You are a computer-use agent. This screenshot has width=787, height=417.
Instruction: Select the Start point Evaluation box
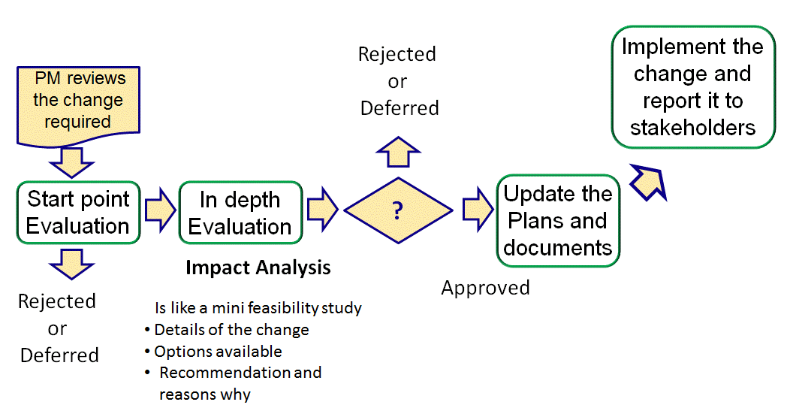click(78, 213)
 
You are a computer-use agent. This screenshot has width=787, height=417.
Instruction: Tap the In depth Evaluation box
click(240, 213)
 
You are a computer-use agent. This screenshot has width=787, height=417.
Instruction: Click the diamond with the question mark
click(398, 211)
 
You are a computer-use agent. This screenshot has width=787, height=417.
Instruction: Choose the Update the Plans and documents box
click(558, 221)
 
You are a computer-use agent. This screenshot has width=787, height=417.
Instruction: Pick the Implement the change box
click(692, 87)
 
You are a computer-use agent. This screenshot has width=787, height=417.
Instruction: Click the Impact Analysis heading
click(258, 267)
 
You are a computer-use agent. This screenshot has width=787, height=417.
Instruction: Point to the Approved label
click(485, 288)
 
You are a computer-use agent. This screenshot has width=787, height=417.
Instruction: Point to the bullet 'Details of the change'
click(231, 329)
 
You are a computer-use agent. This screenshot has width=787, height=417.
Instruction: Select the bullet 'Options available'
click(218, 351)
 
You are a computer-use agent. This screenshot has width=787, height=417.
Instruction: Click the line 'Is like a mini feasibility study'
click(258, 308)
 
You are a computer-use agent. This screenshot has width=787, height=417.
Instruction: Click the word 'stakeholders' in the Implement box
click(692, 128)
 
